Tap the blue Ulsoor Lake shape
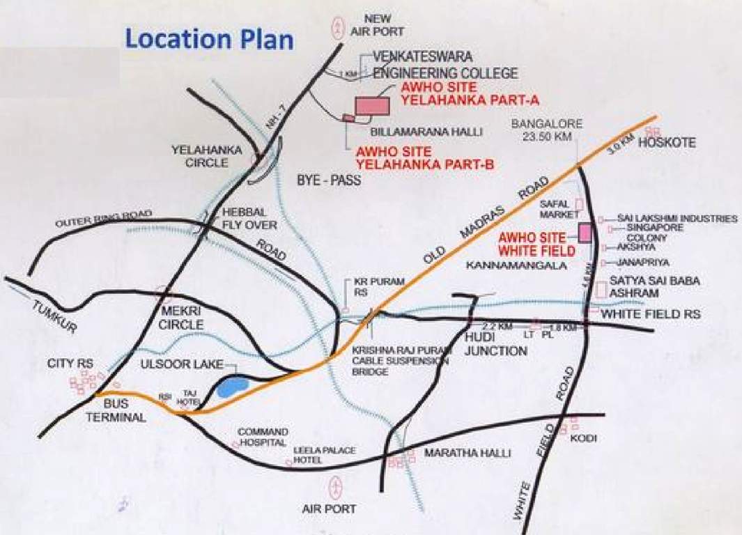231,386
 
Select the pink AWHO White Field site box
584,232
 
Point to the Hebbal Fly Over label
249,219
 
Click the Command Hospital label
263,437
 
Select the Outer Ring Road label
104,218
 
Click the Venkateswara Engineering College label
445,64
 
